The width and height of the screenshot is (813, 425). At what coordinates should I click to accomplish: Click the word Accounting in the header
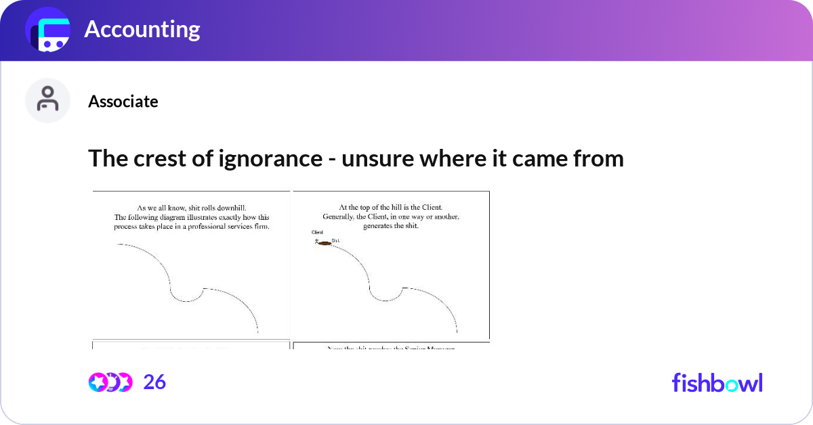tap(142, 29)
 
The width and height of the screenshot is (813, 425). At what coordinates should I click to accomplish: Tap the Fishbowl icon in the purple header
tap(48, 29)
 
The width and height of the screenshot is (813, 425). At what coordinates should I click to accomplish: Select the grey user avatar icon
tap(47, 100)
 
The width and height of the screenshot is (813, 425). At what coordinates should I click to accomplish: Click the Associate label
tap(123, 102)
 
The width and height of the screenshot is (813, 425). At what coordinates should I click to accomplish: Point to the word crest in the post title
tap(148, 158)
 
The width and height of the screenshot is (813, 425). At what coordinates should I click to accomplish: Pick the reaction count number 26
tap(154, 382)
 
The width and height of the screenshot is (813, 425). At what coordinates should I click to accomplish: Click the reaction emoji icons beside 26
tap(110, 382)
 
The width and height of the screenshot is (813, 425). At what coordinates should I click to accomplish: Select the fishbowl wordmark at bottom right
tap(717, 382)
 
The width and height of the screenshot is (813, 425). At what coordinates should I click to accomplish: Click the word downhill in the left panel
tap(242, 208)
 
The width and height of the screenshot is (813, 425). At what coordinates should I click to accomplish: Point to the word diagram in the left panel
tap(173, 217)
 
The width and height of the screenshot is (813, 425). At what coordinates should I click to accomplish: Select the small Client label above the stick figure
tap(317, 232)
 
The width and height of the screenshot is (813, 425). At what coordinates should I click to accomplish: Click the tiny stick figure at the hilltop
tap(316, 242)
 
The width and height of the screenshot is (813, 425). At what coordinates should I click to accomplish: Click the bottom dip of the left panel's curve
tap(184, 299)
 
